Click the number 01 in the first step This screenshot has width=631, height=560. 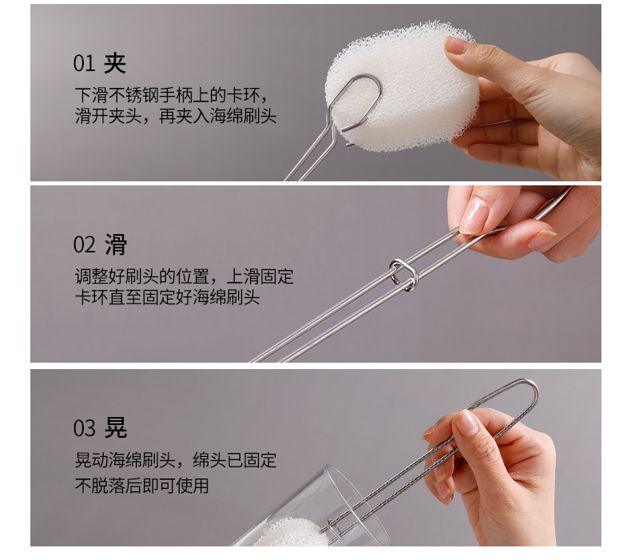[84, 64]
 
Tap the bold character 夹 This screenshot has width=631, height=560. [115, 63]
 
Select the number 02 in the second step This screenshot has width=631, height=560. [84, 244]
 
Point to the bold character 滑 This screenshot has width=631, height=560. [116, 244]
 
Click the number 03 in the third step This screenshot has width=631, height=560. [84, 428]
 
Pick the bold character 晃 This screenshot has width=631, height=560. [116, 427]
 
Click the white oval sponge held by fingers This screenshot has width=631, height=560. [403, 86]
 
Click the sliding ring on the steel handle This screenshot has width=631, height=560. [403, 275]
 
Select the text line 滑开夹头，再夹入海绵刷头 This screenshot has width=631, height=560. [176, 116]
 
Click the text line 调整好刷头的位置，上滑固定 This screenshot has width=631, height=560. [184, 276]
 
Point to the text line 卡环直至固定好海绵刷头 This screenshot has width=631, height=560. [167, 297]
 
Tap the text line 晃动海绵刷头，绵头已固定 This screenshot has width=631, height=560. [176, 460]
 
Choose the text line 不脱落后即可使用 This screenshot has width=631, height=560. [141, 485]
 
